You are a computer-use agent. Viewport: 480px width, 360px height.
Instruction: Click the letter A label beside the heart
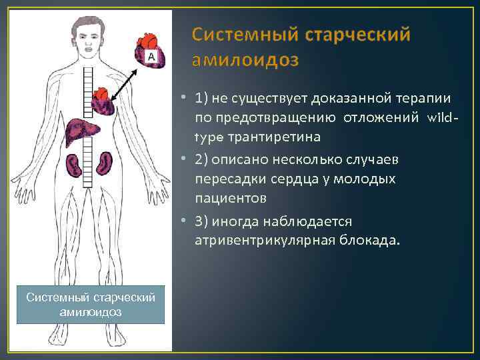(151, 58)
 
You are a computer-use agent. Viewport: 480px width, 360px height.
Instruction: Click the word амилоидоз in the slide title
(245, 60)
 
